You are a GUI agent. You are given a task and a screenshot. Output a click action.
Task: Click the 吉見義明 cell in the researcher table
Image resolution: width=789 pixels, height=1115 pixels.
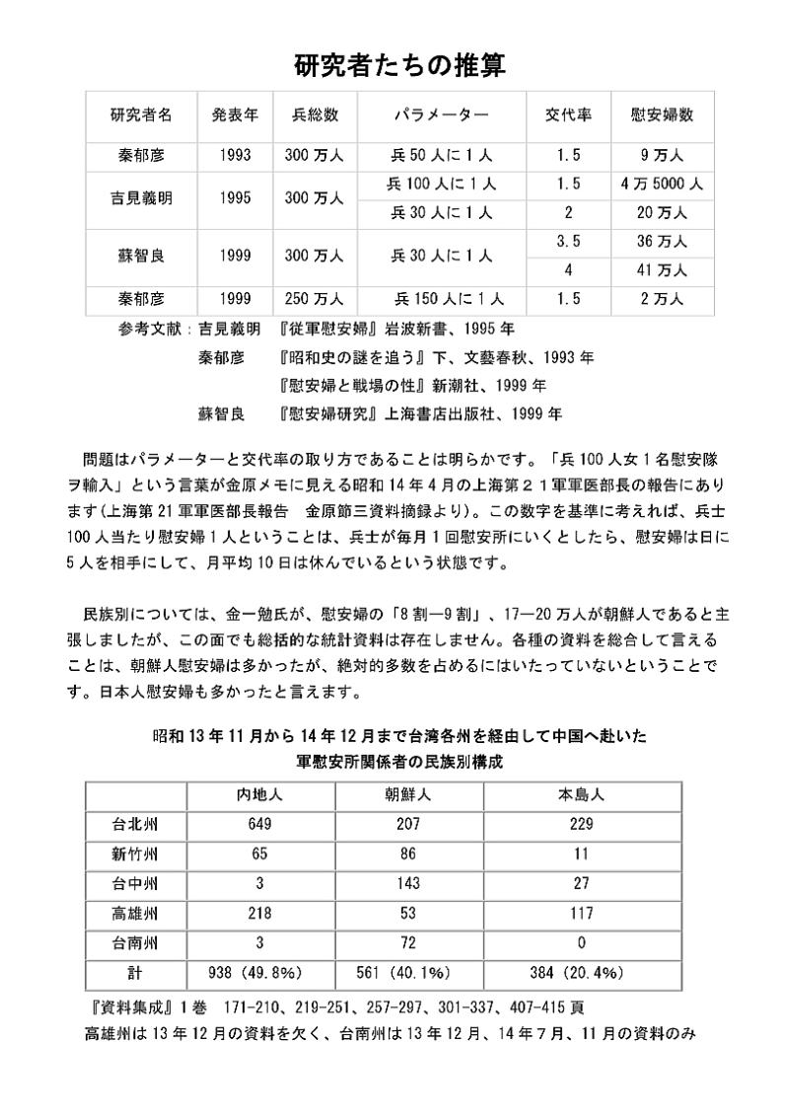point(141,197)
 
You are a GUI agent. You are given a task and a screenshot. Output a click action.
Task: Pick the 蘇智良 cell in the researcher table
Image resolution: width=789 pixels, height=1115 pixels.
point(141,255)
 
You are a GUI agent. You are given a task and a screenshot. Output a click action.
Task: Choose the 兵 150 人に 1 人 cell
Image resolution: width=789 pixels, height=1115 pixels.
point(449,298)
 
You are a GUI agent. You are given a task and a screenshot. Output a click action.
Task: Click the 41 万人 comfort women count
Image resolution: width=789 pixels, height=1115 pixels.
point(661,269)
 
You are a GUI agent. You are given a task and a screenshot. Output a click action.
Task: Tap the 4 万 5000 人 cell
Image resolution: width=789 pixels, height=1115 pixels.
point(661,184)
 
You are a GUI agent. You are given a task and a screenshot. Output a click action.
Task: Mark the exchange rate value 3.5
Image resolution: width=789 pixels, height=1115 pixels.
point(568,241)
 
